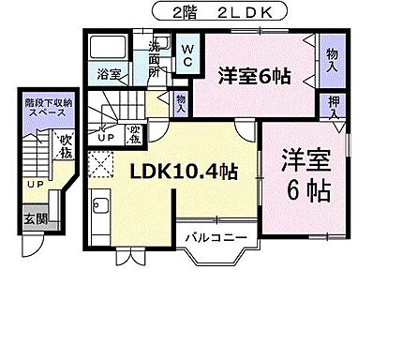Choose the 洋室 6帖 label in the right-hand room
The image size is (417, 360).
[305, 177]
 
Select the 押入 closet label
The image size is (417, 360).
[332, 107]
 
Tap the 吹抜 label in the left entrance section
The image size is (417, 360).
[66, 147]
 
